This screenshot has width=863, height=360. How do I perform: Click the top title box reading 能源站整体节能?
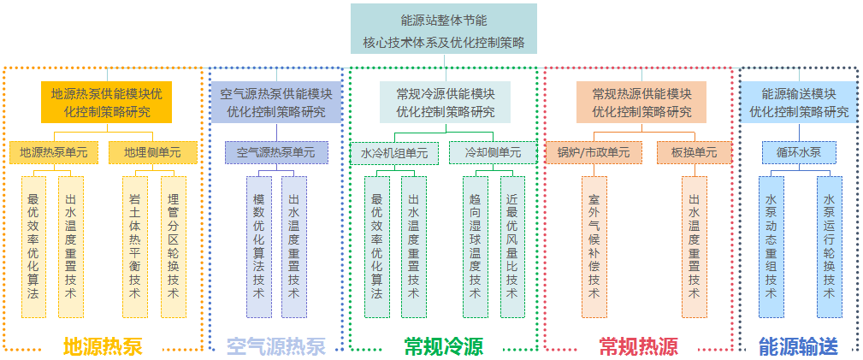(444, 29)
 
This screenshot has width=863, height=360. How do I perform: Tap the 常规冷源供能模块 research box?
(446, 102)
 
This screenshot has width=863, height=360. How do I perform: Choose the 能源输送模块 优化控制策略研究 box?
(799, 102)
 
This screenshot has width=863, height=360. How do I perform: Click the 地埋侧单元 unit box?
(152, 152)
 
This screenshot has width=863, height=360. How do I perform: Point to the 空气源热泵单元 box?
(276, 152)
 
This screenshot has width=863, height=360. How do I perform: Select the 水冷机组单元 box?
(394, 152)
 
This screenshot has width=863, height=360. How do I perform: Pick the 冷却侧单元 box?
(493, 152)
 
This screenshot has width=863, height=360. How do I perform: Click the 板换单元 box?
(695, 152)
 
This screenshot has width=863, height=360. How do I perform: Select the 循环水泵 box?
(799, 152)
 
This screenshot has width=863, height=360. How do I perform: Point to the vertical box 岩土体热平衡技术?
(134, 246)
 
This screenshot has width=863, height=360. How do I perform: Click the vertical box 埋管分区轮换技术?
(174, 246)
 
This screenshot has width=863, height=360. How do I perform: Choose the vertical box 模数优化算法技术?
(258, 246)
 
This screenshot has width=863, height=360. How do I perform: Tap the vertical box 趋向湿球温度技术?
(475, 246)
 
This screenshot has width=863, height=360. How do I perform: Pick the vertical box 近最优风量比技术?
(512, 246)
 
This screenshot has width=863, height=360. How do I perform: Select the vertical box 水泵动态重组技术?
(771, 246)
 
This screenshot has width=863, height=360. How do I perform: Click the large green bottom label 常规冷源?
(443, 346)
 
